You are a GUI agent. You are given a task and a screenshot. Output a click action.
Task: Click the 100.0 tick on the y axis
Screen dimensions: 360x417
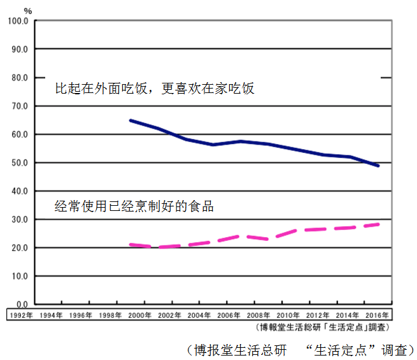(18, 21)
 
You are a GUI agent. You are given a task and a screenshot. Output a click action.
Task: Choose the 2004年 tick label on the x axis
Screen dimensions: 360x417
(199, 315)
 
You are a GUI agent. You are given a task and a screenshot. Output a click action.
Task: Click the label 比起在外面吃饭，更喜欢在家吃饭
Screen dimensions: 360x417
(155, 89)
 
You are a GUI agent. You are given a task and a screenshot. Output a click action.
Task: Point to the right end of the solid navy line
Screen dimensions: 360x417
(379, 166)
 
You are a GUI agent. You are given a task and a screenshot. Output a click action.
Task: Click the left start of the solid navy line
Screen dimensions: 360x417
(130, 120)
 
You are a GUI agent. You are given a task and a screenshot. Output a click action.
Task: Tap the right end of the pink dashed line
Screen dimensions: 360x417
(379, 224)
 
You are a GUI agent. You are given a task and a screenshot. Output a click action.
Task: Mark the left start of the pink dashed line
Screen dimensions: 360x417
(130, 244)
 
